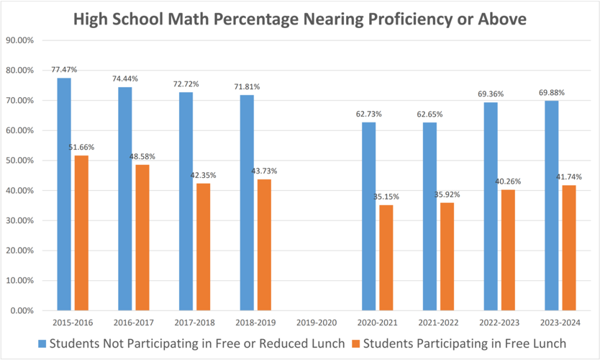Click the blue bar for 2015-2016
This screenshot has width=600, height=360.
click(64, 194)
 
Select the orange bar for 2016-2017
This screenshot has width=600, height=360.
click(142, 238)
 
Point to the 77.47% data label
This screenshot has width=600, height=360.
click(64, 70)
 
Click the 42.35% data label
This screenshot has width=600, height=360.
click(204, 175)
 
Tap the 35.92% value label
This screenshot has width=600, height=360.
click(447, 194)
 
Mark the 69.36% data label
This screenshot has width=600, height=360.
click(491, 94)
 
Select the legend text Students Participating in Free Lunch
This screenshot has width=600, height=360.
click(464, 343)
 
